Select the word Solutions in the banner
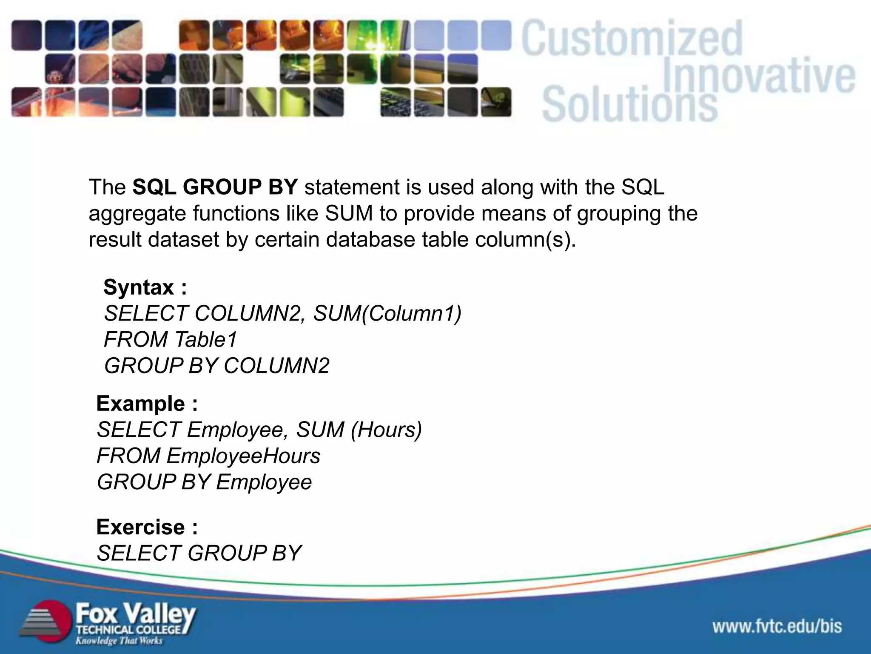[x=629, y=104]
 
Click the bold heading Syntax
[x=139, y=287]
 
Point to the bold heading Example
[x=141, y=404]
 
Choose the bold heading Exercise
[x=141, y=527]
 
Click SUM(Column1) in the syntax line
[x=387, y=313]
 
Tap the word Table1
[x=205, y=340]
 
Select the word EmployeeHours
[x=243, y=456]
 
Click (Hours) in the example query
[x=386, y=430]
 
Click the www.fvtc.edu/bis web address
[x=777, y=626]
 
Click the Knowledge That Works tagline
[x=119, y=641]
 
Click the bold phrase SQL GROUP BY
[x=215, y=187]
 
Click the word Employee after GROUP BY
[x=264, y=482]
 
